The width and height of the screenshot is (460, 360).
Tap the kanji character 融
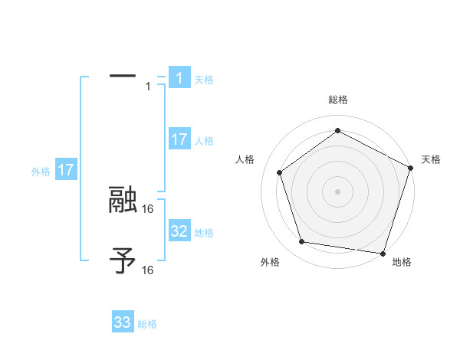tap(123, 200)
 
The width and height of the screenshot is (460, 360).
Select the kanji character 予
tap(123, 261)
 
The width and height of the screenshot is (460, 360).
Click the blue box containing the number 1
tap(179, 78)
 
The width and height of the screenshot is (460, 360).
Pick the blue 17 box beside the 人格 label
tap(179, 139)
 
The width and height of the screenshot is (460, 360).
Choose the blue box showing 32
tap(179, 231)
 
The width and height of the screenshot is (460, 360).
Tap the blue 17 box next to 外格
tap(65, 170)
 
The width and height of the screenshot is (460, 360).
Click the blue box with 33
tap(123, 322)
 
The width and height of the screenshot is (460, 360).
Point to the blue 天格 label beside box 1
tap(204, 79)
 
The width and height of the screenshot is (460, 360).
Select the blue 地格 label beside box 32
tap(204, 232)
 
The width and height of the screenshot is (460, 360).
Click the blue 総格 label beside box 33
tap(147, 324)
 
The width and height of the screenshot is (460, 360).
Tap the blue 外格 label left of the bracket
tap(41, 172)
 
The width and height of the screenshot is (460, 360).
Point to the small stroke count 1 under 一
tap(148, 86)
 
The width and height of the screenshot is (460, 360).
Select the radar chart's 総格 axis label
tap(338, 100)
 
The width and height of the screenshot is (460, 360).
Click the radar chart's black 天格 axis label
tap(431, 159)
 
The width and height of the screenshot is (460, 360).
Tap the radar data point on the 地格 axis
tap(383, 253)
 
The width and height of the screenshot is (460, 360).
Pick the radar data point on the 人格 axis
tap(280, 172)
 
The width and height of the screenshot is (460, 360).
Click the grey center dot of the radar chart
tap(338, 191)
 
